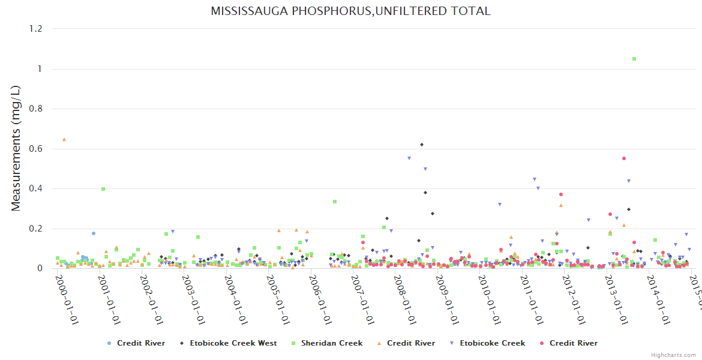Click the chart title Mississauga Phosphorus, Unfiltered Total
[x=350, y=11]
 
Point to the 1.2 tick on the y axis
[x=36, y=29]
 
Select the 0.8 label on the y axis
[x=36, y=109]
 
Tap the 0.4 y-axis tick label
[x=36, y=188]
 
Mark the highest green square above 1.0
[x=634, y=59]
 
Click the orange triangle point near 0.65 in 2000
[x=64, y=139]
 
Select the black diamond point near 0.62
[x=422, y=145]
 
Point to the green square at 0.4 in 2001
[x=103, y=188]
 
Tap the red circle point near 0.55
[x=624, y=158]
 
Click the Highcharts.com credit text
[x=673, y=355]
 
